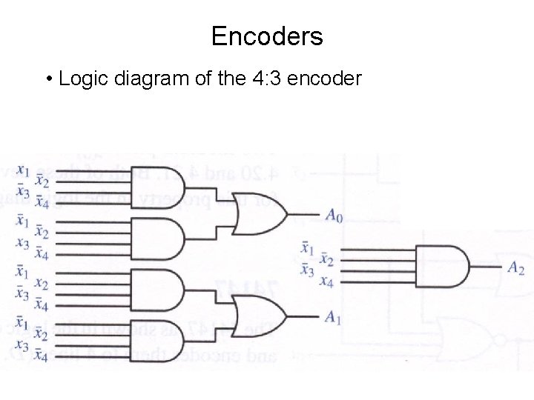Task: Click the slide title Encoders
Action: pyautogui.click(x=267, y=36)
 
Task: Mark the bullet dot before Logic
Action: pyautogui.click(x=47, y=79)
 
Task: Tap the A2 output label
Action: pyautogui.click(x=515, y=268)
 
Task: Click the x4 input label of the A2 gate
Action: pyautogui.click(x=326, y=281)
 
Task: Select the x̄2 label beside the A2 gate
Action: pyautogui.click(x=326, y=259)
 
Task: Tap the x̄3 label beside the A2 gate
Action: pyautogui.click(x=306, y=269)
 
